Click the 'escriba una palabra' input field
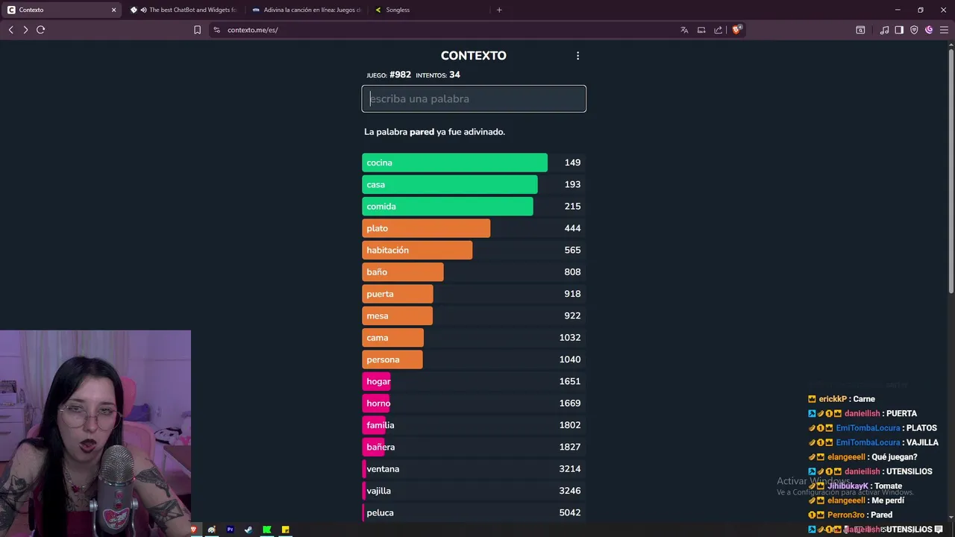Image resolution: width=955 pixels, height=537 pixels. (474, 98)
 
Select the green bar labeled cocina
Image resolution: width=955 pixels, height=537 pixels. (454, 163)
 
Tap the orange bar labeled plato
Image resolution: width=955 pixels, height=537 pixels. (426, 228)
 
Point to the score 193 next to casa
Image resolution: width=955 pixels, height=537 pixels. (572, 184)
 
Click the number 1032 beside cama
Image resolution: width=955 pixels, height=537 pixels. (570, 338)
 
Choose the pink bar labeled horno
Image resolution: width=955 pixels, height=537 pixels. (378, 403)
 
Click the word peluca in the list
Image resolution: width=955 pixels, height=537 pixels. (380, 513)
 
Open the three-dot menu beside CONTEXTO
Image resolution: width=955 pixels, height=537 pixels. (577, 56)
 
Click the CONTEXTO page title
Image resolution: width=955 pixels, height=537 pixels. (473, 56)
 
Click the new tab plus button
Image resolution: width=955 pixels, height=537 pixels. (499, 10)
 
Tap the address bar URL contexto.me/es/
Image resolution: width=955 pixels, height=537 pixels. (252, 30)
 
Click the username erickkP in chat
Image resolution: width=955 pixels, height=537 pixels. (833, 399)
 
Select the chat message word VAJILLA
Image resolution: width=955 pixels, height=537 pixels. (922, 442)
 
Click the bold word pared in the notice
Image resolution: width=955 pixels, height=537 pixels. (422, 132)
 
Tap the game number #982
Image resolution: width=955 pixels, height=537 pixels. (400, 75)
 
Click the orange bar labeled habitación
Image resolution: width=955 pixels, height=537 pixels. (417, 250)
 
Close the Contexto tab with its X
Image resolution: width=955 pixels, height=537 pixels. (113, 10)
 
